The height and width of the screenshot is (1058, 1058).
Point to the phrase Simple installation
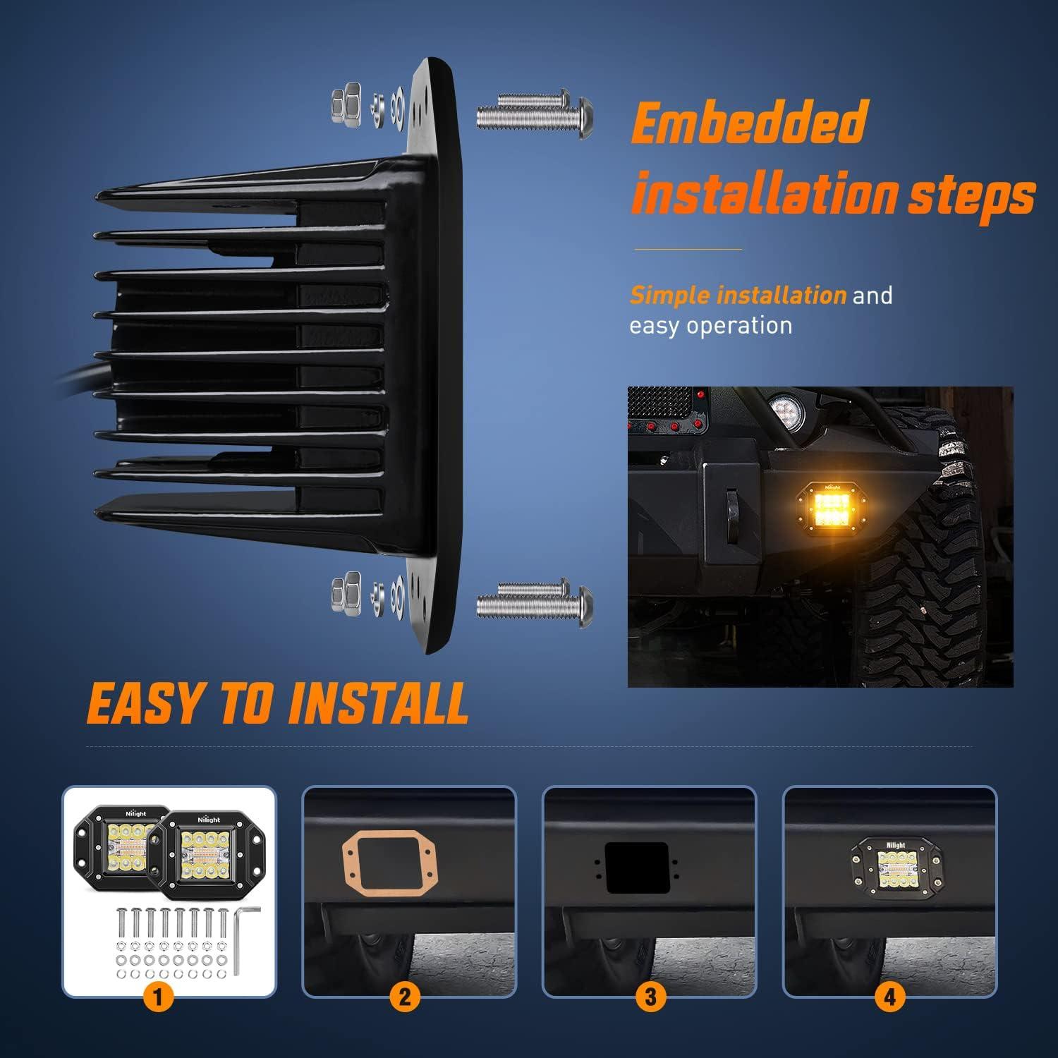tap(737, 295)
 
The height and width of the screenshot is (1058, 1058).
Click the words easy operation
tap(710, 326)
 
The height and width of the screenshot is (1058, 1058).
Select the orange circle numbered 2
tap(404, 997)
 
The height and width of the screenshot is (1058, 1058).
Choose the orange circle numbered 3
tap(650, 997)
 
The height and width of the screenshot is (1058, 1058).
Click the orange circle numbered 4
tap(890, 997)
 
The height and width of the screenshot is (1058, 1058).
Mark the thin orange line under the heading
tap(688, 249)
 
